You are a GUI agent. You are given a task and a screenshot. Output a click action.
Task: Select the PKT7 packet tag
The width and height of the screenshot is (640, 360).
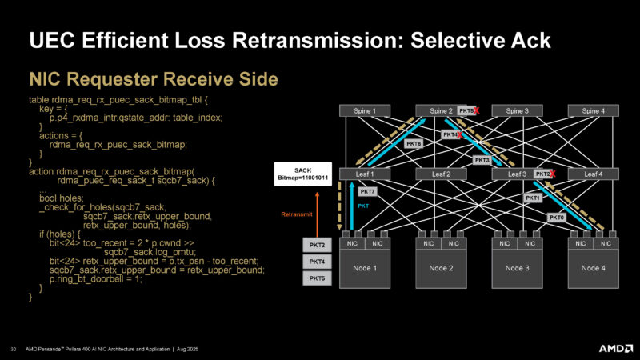pos(367,192)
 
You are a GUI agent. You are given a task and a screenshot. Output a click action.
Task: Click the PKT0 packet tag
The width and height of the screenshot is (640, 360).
pos(557,217)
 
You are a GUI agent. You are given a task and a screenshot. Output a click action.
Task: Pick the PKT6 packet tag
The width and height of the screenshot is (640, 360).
pos(414,143)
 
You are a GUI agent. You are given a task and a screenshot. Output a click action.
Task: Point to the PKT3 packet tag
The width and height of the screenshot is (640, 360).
pos(482,160)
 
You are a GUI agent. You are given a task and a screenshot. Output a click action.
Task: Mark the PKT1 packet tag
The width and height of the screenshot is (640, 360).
pos(534,198)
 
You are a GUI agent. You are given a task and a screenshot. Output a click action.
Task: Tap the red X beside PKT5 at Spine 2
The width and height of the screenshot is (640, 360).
pos(478,110)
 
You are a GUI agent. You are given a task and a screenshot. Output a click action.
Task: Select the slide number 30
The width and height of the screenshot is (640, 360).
pos(14,349)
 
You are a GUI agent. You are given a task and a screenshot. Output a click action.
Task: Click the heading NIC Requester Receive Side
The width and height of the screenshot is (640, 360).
pos(154,78)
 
